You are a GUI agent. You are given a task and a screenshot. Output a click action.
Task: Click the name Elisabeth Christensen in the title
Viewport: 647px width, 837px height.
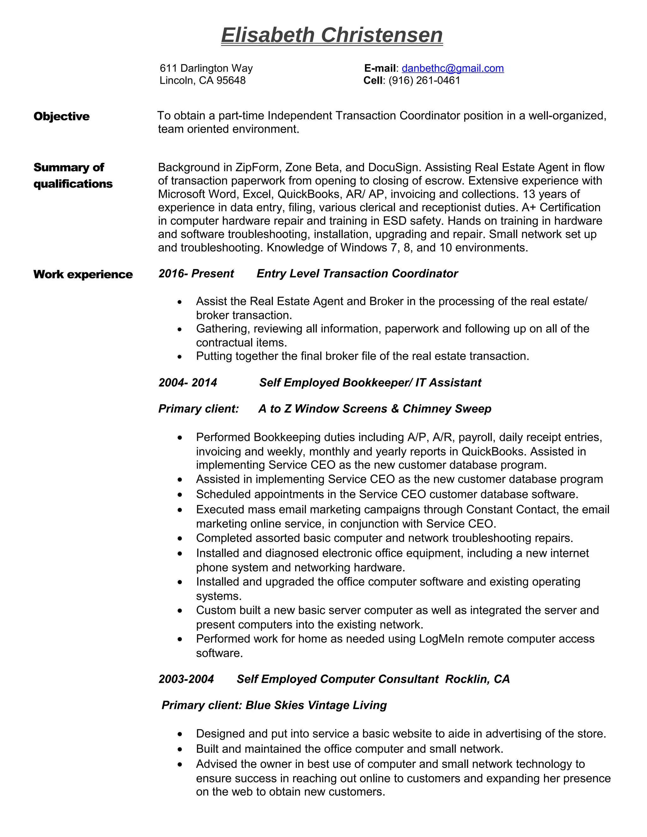point(332,35)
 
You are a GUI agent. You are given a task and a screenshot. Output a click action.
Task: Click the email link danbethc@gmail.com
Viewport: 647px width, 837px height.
point(452,68)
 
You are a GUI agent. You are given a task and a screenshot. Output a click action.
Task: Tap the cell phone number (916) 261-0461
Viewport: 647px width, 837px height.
point(424,81)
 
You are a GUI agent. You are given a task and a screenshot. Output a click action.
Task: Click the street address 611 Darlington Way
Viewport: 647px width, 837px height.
point(206,68)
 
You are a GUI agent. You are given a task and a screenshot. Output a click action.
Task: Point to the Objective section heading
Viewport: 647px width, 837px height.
point(61,116)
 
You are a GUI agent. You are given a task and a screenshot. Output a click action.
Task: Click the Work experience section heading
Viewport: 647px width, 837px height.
point(83,274)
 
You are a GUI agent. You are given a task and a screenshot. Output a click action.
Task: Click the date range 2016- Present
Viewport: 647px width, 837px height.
point(196,274)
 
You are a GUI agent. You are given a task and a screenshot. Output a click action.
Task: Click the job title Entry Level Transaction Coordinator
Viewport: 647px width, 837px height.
point(357,274)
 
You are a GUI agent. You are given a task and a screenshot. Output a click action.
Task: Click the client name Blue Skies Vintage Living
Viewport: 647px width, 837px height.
point(316,705)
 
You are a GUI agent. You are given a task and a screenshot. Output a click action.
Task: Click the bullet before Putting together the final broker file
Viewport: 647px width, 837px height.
point(180,357)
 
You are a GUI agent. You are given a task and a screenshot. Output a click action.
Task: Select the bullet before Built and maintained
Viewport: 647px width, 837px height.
point(180,749)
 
